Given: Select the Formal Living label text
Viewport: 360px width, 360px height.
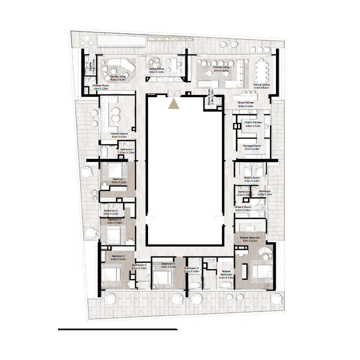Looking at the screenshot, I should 221,67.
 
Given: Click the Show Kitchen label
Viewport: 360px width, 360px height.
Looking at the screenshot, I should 246,103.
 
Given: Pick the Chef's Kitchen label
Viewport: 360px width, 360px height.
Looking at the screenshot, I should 252,122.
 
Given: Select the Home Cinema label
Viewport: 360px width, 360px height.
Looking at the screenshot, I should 120,134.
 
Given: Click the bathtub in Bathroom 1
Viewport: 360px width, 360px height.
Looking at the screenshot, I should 104,152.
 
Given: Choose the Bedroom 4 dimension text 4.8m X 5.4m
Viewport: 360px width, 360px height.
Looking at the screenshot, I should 168,266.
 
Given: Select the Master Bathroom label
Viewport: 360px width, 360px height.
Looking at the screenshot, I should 226,274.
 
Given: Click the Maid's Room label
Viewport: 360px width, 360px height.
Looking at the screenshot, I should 252,178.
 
